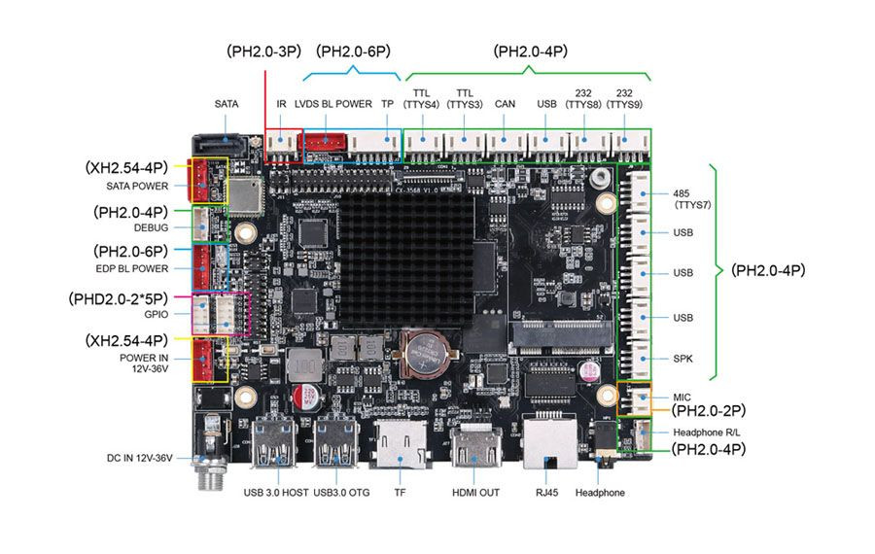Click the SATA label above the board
click(227, 103)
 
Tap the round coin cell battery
click(424, 351)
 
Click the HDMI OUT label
click(475, 493)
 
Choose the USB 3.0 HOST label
click(276, 493)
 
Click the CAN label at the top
click(505, 103)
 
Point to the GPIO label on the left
click(156, 315)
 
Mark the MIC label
click(682, 398)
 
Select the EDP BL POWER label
click(131, 268)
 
